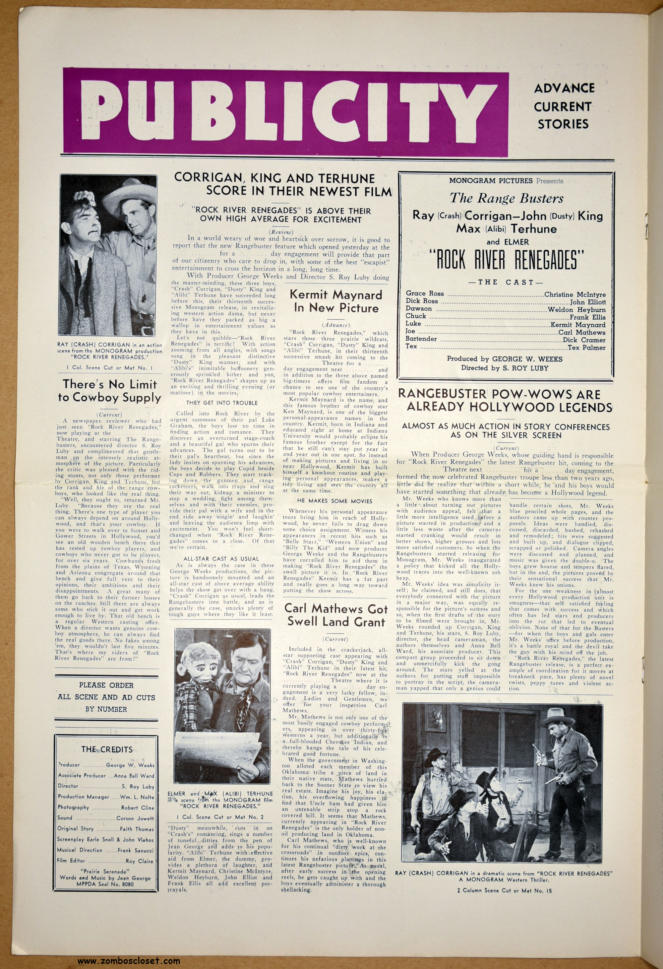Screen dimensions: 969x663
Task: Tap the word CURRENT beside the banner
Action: coord(562,107)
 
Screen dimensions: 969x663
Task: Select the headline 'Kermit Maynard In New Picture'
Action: coord(336,301)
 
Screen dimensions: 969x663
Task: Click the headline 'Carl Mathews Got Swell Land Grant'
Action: coord(336,615)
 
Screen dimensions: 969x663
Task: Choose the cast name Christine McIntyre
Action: coord(575,294)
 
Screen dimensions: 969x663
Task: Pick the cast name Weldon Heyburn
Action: coord(577,309)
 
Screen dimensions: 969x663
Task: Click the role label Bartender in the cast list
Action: coord(421,339)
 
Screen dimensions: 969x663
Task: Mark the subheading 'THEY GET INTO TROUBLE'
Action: coord(222,403)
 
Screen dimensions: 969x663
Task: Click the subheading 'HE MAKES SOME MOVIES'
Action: coord(334,501)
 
